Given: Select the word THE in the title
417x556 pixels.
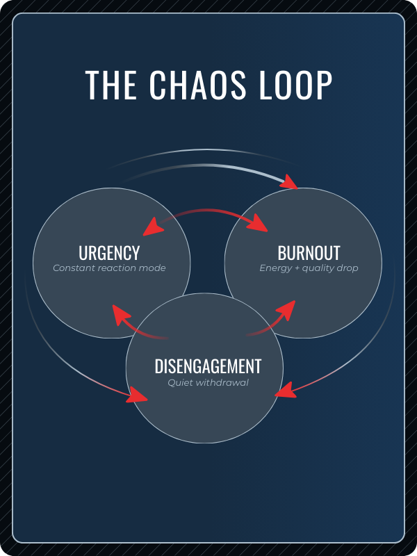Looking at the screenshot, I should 111,85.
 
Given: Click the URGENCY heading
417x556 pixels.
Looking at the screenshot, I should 109,252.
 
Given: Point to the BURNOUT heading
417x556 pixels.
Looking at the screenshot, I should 309,252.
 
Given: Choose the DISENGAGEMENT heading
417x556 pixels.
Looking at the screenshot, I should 208,366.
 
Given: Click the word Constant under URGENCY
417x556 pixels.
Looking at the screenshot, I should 74,268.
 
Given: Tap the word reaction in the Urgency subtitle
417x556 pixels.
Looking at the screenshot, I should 119,268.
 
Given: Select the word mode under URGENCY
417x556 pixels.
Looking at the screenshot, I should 154,268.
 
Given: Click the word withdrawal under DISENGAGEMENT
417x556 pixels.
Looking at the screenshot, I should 222,382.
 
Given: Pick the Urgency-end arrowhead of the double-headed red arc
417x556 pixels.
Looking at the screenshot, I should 152,227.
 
